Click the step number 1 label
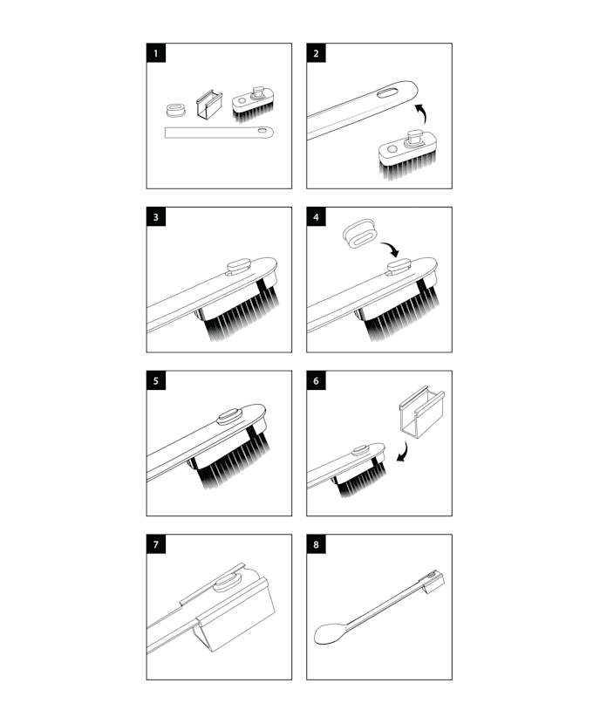pyautogui.click(x=156, y=53)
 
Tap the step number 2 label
pyautogui.click(x=317, y=53)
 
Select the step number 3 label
pyautogui.click(x=156, y=217)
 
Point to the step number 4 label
pyautogui.click(x=317, y=217)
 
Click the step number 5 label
pyautogui.click(x=156, y=381)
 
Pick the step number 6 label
pyautogui.click(x=317, y=381)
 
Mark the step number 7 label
pyautogui.click(x=156, y=544)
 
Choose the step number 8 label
pyautogui.click(x=317, y=544)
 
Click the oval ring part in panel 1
pyautogui.click(x=175, y=109)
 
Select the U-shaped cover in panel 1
pyautogui.click(x=208, y=104)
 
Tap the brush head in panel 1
pyautogui.click(x=253, y=105)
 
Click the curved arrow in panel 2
pyautogui.click(x=421, y=113)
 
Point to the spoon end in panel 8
pyautogui.click(x=331, y=633)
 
